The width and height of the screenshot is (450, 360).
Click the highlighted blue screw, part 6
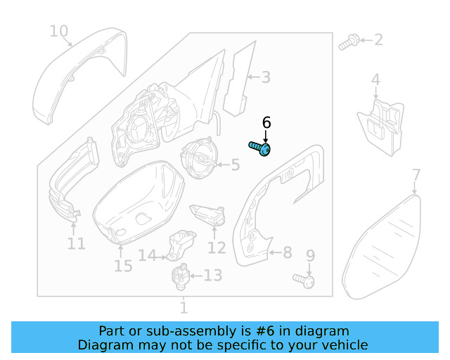261,148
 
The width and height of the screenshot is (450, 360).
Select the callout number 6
266,122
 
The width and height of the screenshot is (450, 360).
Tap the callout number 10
59,31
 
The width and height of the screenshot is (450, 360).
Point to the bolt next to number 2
347,44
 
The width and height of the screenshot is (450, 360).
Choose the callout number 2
378,39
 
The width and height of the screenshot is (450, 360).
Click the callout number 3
265,77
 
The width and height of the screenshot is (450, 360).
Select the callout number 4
375,80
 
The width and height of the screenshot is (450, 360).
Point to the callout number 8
287,252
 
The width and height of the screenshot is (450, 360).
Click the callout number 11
76,244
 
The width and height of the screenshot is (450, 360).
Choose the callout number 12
217,247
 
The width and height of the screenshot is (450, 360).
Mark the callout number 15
122,266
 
